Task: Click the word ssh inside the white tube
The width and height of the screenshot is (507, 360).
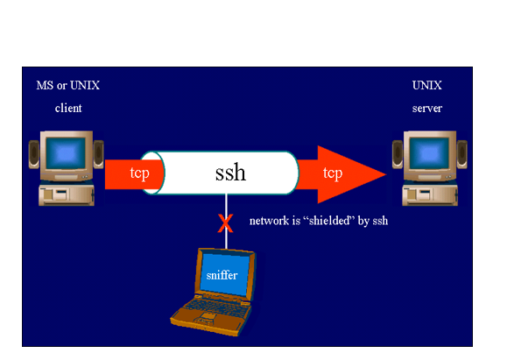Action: pyautogui.click(x=230, y=172)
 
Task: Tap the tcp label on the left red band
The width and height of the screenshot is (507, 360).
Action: pyautogui.click(x=140, y=173)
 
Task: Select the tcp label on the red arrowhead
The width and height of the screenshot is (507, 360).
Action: pyautogui.click(x=333, y=173)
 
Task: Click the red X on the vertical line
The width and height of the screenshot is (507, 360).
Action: pyautogui.click(x=225, y=223)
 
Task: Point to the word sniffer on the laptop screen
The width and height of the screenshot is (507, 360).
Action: pyautogui.click(x=222, y=275)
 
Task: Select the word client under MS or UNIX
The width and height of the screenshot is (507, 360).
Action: pyautogui.click(x=68, y=108)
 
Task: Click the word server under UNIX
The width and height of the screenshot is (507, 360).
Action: pyautogui.click(x=427, y=108)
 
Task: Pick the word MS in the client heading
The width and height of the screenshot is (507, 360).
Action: pyautogui.click(x=45, y=85)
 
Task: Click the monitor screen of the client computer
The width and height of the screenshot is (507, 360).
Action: pyautogui.click(x=66, y=153)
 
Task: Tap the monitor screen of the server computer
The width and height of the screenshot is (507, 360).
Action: pyautogui.click(x=429, y=153)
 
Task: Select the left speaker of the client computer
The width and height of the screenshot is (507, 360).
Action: pyautogui.click(x=34, y=154)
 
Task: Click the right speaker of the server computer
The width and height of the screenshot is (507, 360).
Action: pyautogui.click(x=462, y=154)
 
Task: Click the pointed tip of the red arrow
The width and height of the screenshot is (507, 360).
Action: pyautogui.click(x=386, y=174)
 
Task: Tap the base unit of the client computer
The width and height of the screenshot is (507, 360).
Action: pyautogui.click(x=67, y=194)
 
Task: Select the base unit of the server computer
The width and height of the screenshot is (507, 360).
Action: pyautogui.click(x=430, y=194)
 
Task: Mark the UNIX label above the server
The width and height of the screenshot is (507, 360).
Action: pyautogui.click(x=426, y=85)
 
